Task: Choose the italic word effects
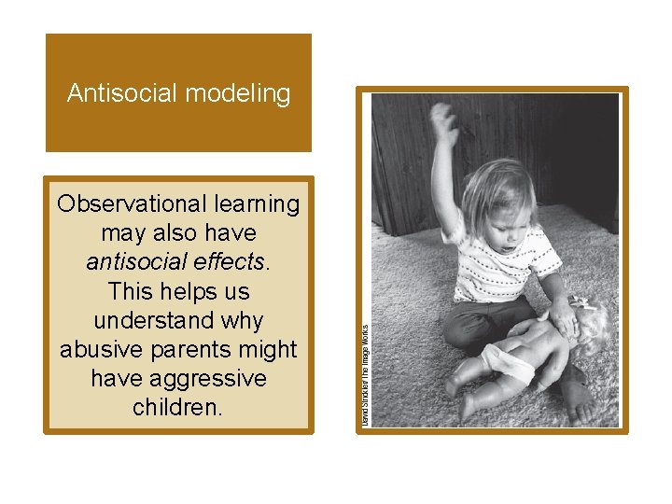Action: tap(224, 261)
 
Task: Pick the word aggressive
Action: tap(217, 378)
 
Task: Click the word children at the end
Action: tap(178, 407)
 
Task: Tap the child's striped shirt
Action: tap(505, 271)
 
